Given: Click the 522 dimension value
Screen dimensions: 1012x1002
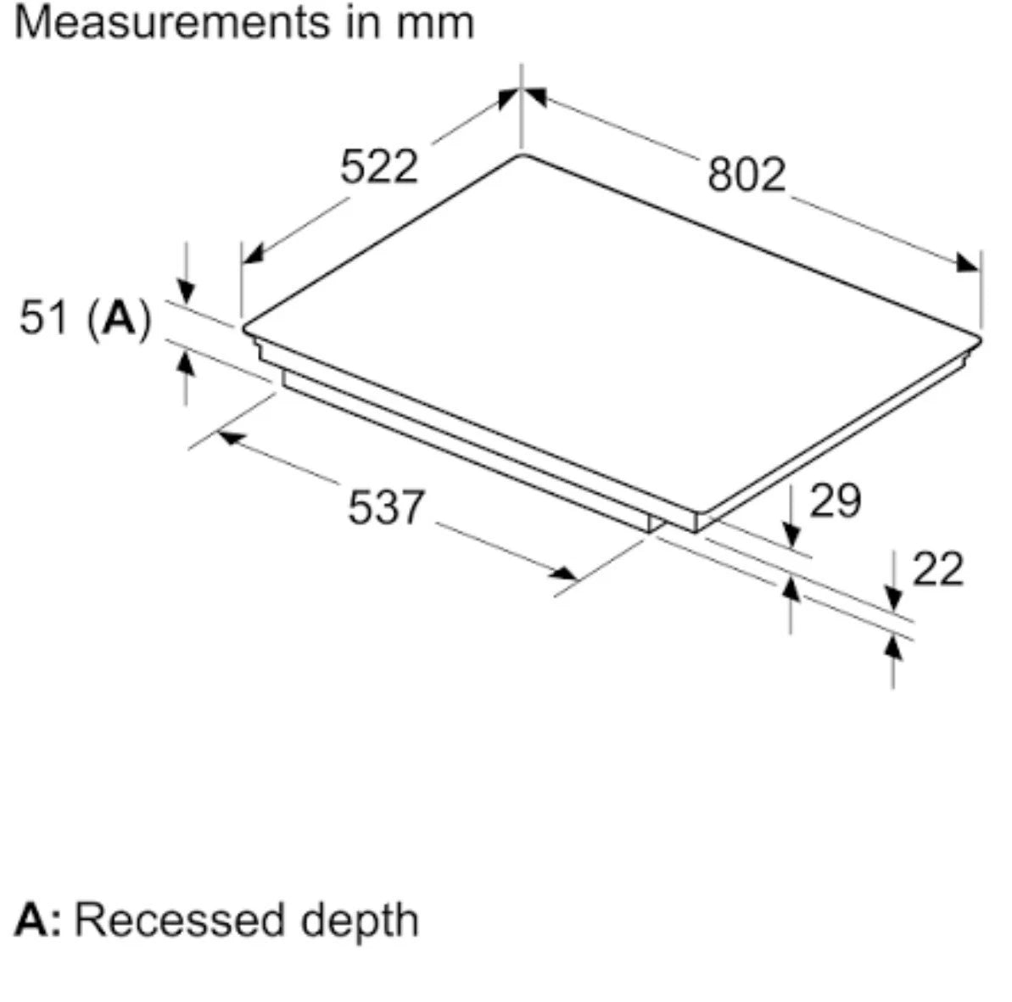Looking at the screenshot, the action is pyautogui.click(x=379, y=166).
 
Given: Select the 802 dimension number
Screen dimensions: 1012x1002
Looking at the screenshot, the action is pyautogui.click(x=746, y=174).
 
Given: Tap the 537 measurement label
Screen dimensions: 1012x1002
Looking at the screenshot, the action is pyautogui.click(x=387, y=507).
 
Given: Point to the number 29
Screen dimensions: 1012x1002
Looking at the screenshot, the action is pyautogui.click(x=836, y=501).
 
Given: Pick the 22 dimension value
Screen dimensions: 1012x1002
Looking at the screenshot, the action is pyautogui.click(x=938, y=568).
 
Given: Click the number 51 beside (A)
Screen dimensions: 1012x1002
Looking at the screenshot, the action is pyautogui.click(x=43, y=317).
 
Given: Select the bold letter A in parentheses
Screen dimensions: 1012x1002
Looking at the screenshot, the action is pyautogui.click(x=120, y=317).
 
